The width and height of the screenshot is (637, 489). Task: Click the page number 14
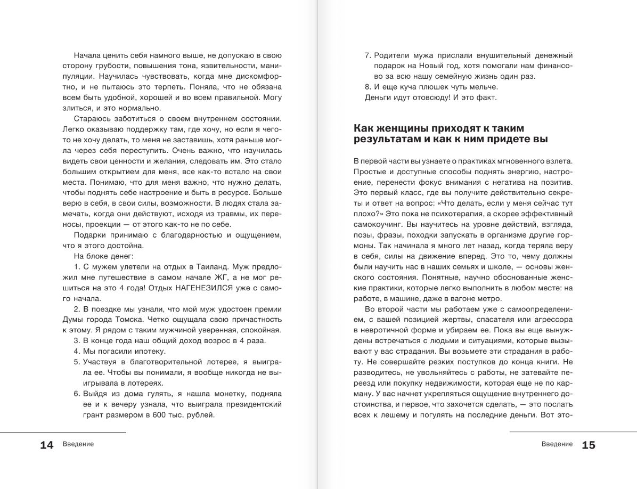47,445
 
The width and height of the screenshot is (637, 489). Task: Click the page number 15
589,445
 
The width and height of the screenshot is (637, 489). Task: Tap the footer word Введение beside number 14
78,444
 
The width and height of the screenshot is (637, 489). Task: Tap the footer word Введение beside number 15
557,444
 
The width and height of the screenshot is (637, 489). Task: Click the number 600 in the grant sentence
162,415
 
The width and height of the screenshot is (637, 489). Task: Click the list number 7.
367,55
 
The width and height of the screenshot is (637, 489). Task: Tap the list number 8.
367,87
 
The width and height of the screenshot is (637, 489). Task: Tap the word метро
489,298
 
